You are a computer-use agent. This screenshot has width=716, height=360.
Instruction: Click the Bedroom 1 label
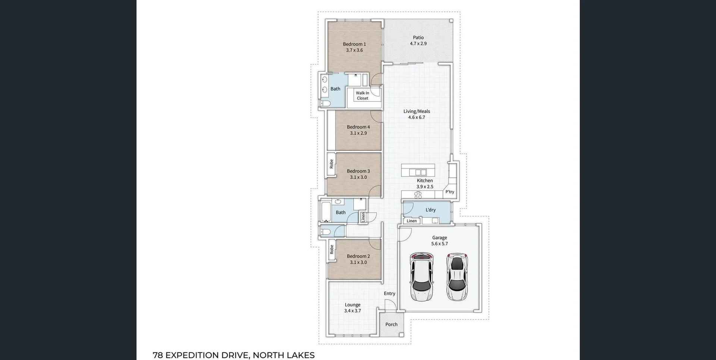click(x=354, y=44)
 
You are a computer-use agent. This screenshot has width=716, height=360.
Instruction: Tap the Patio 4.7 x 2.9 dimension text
click(x=418, y=44)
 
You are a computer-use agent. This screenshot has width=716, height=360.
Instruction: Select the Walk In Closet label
click(x=362, y=96)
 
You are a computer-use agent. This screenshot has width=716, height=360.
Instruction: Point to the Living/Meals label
click(x=417, y=111)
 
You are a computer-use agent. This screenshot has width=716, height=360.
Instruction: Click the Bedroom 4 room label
click(x=358, y=127)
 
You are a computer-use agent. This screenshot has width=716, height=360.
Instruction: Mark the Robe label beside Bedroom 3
click(x=331, y=164)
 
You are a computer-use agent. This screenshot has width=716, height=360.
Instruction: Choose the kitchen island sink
click(x=418, y=172)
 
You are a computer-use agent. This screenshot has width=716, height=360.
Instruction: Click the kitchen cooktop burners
click(x=418, y=195)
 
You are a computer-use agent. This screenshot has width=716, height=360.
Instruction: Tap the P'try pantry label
click(x=450, y=192)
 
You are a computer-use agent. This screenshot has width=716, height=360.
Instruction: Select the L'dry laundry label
click(x=430, y=210)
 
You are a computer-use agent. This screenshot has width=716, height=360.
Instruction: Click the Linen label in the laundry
click(x=412, y=221)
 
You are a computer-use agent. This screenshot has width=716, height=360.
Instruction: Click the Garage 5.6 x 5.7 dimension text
click(x=439, y=244)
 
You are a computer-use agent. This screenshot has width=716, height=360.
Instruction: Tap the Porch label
click(x=391, y=325)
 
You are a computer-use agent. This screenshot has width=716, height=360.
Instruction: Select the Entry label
click(x=389, y=294)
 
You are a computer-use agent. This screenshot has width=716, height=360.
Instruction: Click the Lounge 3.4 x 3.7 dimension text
click(x=352, y=311)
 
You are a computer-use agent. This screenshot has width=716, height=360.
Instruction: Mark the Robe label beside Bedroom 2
click(x=332, y=250)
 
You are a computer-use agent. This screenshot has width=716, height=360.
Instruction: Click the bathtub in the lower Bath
click(x=326, y=212)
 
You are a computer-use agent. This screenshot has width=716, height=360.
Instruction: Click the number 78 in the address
click(x=158, y=355)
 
